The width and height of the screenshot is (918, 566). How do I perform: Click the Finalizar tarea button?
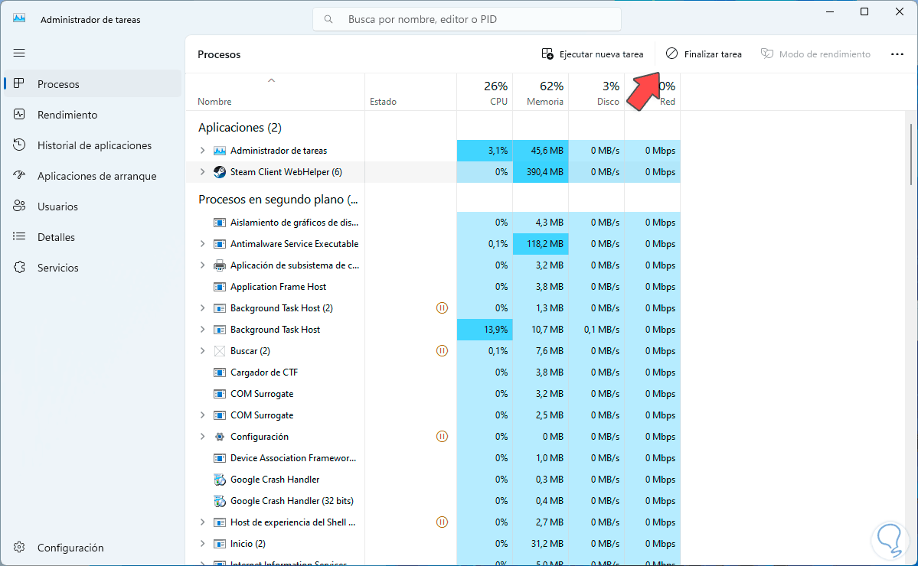coord(704,54)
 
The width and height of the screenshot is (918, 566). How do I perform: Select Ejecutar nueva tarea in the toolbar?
coord(592,54)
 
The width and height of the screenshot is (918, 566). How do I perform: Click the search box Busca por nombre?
coord(467,19)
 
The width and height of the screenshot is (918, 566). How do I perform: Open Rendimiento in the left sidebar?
coord(67,115)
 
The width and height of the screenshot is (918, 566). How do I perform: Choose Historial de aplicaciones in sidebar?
coord(94,145)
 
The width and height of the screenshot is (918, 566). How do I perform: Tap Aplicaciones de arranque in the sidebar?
coord(96,176)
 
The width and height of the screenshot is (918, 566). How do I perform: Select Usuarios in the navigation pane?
coord(57,207)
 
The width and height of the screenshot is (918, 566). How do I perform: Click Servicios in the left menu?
coord(58,268)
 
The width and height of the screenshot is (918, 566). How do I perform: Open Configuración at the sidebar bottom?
coord(70,548)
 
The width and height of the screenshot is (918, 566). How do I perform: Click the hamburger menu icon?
coord(19,53)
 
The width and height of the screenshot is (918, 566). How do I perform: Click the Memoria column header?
coord(544,101)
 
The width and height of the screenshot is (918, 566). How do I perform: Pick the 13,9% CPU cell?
coord(485,330)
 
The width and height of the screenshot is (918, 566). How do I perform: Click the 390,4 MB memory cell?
coord(541,172)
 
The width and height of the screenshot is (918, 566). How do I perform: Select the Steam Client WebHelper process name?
coord(286,172)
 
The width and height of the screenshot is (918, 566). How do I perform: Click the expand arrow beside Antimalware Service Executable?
coord(202,244)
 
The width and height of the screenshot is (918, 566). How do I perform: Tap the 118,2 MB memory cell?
coord(541,244)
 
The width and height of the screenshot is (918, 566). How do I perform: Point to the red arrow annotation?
coord(643,89)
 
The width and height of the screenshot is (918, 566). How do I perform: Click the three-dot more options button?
coord(897,54)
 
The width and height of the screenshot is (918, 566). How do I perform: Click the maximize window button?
coord(864,11)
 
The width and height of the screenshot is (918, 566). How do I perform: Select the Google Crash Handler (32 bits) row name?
coord(292,501)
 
